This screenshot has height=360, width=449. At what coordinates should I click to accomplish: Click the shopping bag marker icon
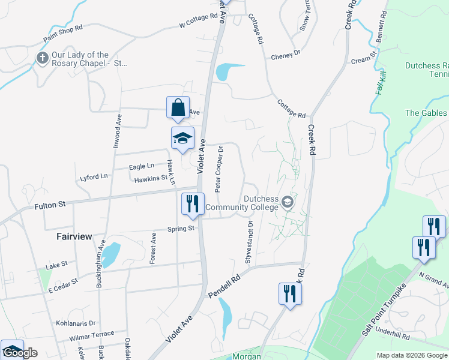[178, 109]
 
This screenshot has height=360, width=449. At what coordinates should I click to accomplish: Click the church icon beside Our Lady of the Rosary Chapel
[42, 58]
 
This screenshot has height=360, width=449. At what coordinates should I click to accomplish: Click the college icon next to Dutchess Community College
[288, 202]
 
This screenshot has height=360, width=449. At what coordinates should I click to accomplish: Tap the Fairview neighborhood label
[74, 236]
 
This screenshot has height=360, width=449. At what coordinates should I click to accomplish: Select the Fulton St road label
[49, 206]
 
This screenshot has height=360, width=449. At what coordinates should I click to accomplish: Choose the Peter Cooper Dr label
[220, 169]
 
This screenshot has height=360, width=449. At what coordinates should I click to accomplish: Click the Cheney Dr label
[285, 55]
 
